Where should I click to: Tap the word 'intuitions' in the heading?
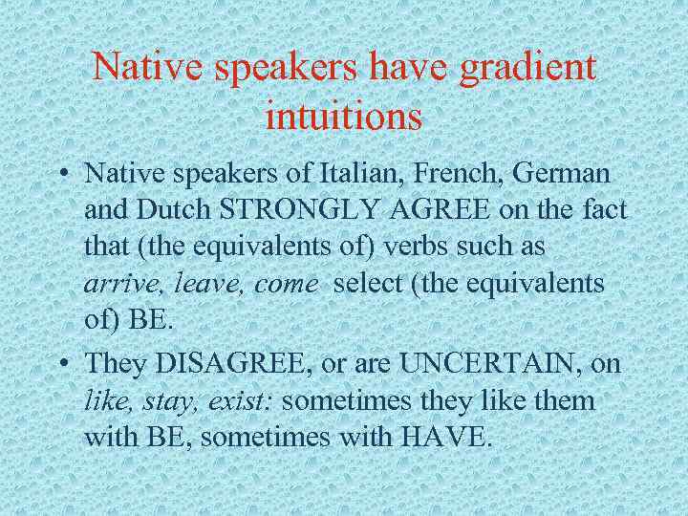pyautogui.click(x=344, y=117)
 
